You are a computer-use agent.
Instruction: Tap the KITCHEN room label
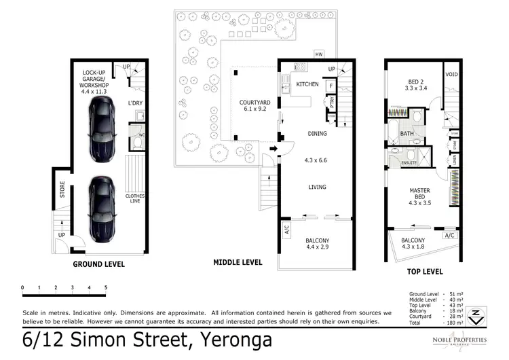pos(307,84)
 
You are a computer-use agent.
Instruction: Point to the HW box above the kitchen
pos(318,54)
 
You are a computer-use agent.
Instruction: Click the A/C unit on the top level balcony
pos(449,235)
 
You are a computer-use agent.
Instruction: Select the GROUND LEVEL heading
pos(98,264)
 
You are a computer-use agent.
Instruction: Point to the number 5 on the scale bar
pos(105,288)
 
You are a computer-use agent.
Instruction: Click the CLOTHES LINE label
pos(134,198)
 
